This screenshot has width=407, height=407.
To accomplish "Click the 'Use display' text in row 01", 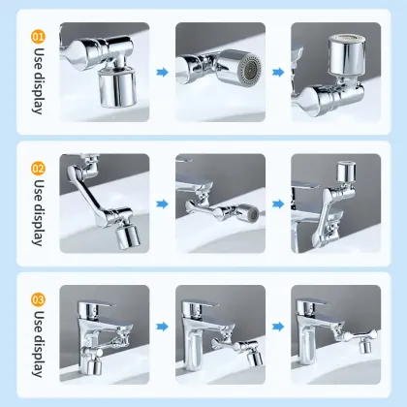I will [x=39, y=82].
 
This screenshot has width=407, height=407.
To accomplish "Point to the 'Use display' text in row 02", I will [x=39, y=211].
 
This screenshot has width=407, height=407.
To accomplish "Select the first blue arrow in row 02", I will [x=162, y=204].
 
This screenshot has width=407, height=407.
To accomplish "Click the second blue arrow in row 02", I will [x=278, y=204].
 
